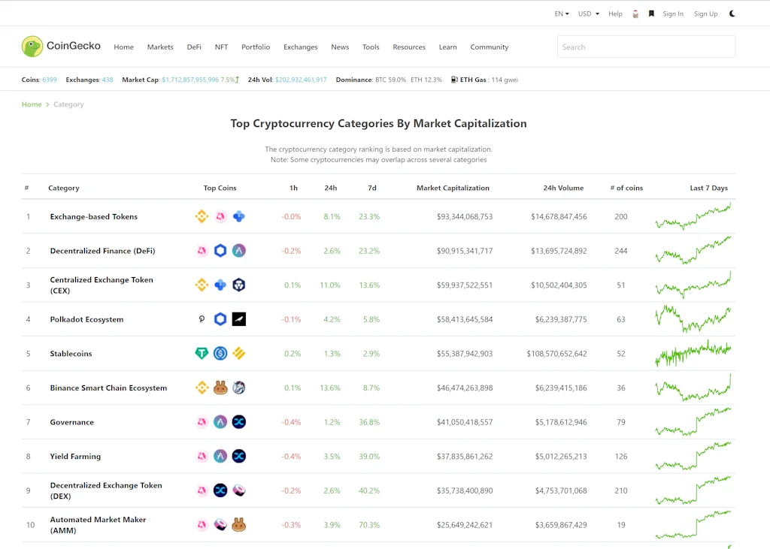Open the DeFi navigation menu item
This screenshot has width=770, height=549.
194,47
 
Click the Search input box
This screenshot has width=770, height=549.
646,47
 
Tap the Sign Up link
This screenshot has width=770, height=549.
705,14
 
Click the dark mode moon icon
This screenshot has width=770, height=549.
732,14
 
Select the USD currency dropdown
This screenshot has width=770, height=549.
588,14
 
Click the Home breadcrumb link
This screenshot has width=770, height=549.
32,104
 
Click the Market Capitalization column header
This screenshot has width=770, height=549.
453,188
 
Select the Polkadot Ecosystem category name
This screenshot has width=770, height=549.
86,319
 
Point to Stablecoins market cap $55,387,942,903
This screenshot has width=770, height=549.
465,354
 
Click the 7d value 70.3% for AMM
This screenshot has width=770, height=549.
369,525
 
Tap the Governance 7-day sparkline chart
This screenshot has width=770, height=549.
693,422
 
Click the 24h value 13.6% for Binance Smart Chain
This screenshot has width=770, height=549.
330,388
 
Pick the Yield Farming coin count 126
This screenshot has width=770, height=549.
620,457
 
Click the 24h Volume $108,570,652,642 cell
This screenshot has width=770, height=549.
556,354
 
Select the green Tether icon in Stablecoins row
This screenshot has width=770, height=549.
202,354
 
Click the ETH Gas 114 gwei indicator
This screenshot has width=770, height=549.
485,80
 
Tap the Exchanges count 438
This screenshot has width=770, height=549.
108,80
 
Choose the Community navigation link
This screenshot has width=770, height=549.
490,47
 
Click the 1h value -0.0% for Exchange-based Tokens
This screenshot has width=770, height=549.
291,217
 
